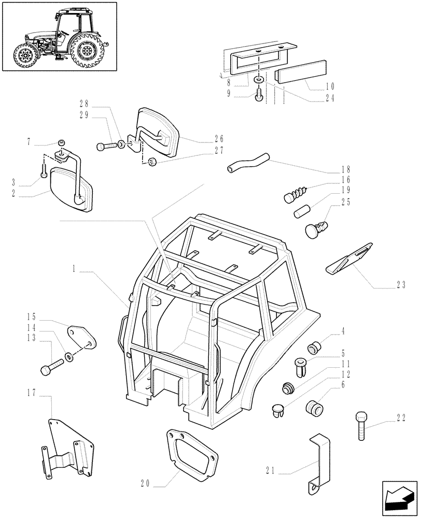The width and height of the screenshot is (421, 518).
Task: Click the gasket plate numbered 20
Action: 191,454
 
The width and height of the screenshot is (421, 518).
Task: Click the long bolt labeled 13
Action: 51,368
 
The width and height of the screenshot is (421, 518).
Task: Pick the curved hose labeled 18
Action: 248,162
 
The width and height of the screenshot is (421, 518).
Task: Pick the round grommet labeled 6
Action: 313,408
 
